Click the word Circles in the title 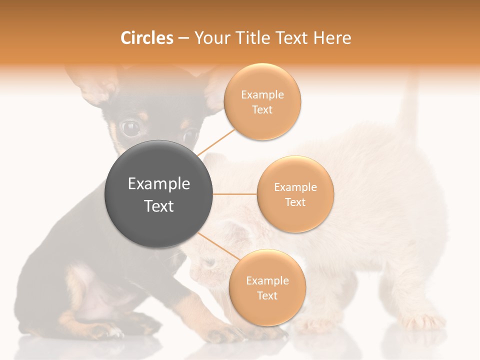(146, 38)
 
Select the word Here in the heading (332, 38)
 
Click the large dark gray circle (159, 194)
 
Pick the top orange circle (262, 101)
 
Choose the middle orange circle (295, 194)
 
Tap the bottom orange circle (267, 287)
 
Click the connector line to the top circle (216, 142)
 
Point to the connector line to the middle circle (235, 194)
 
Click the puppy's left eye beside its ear (131, 128)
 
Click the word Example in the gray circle (159, 184)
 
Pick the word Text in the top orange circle (262, 109)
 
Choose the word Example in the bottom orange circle (267, 280)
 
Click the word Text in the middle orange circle (295, 202)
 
